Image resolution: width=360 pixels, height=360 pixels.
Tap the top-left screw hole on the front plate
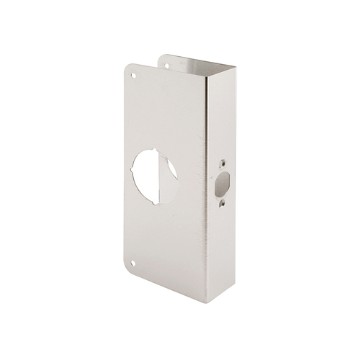[x=132, y=72]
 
